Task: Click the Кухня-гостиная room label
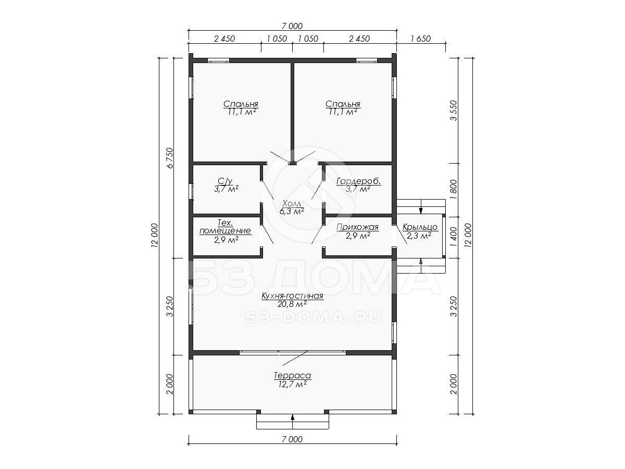pos(292,296)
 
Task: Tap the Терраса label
pos(292,376)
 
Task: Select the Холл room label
pos(291,203)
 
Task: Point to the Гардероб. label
pos(358,181)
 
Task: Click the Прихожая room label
pos(358,227)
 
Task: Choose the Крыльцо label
pos(420,227)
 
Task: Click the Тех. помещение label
pos(225,227)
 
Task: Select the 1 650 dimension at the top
pos(420,39)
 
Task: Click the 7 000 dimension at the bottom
pos(292,439)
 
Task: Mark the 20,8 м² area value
pos(292,304)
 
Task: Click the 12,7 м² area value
pos(292,384)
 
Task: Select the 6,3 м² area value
pos(292,211)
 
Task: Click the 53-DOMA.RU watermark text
pos(313,317)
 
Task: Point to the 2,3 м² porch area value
pos(419,236)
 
